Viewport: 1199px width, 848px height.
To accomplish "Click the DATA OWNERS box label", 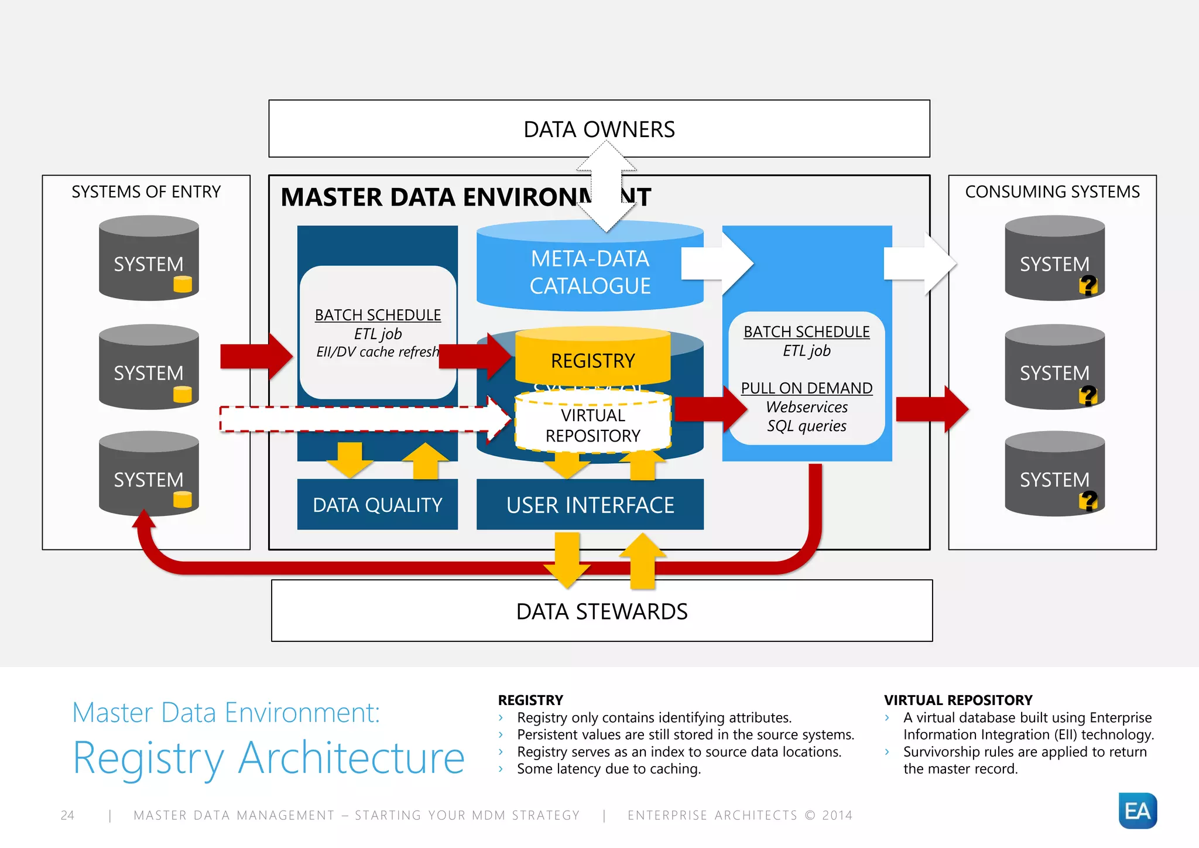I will [x=599, y=129].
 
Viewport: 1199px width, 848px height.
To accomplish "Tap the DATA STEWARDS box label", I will [x=601, y=611].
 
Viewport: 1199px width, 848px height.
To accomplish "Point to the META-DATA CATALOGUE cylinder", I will [x=590, y=272].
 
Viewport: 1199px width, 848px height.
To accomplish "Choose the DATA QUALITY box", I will [x=377, y=505].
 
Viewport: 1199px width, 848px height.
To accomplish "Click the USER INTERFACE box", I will [x=590, y=505].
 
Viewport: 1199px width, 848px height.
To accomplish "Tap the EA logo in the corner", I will [x=1137, y=811].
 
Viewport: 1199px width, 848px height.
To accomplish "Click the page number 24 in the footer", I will [x=67, y=815].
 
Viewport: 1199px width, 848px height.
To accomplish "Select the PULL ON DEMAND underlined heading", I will [x=806, y=388].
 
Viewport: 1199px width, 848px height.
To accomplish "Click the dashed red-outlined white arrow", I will [x=363, y=419].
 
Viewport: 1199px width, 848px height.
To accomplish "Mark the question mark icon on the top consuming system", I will [x=1088, y=285].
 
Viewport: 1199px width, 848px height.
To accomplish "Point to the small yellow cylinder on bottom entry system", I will [x=183, y=500].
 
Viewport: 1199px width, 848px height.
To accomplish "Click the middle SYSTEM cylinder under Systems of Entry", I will [x=149, y=368].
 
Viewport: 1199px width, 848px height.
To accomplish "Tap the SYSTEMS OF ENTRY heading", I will [x=146, y=192].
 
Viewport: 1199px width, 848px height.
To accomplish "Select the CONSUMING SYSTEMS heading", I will [x=1052, y=192].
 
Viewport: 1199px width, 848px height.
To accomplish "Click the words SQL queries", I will [x=806, y=426].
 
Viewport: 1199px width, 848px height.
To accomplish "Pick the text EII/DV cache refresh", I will [x=377, y=352].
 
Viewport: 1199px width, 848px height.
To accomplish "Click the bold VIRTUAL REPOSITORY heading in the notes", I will [x=958, y=700].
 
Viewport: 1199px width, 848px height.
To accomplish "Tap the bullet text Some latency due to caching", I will [x=608, y=769].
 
